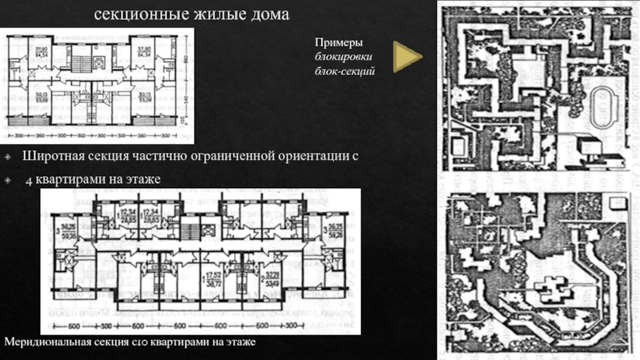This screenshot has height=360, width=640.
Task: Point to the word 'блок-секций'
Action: click(x=345, y=70)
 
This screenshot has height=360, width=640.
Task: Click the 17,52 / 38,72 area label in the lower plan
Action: click(x=212, y=277)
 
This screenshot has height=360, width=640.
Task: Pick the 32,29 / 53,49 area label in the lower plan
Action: click(x=272, y=277)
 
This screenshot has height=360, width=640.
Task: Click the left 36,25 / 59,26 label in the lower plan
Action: click(x=68, y=230)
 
